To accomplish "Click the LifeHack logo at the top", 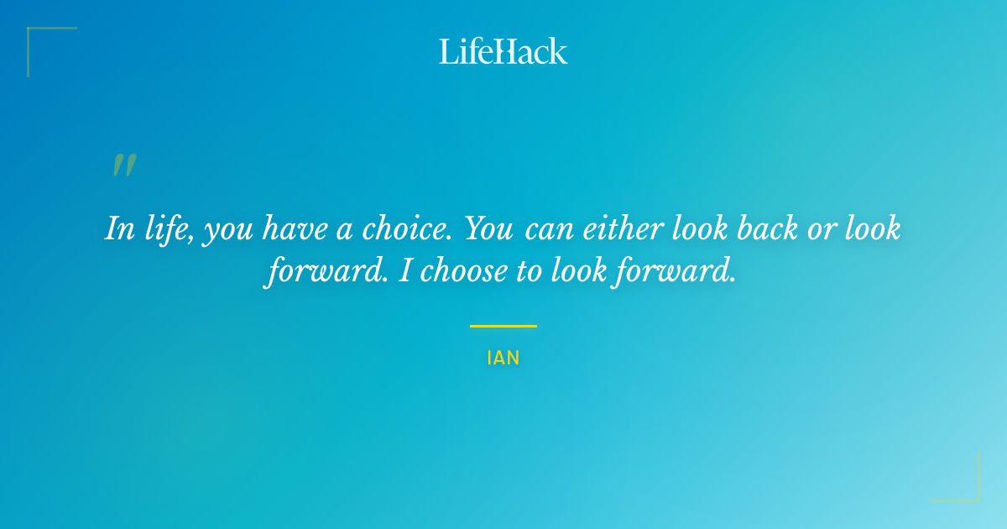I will coord(503,51).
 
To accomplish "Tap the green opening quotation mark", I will coord(124,165).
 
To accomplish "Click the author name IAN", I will coord(503,359).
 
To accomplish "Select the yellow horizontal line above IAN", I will coord(503,326).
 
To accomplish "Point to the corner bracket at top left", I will coord(34,34).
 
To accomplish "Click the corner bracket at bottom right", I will coord(973,495).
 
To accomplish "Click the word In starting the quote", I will coord(120,228).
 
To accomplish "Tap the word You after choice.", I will coord(489,228).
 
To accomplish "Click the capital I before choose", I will coord(403,271).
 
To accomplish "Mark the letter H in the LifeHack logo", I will coord(504,51).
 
